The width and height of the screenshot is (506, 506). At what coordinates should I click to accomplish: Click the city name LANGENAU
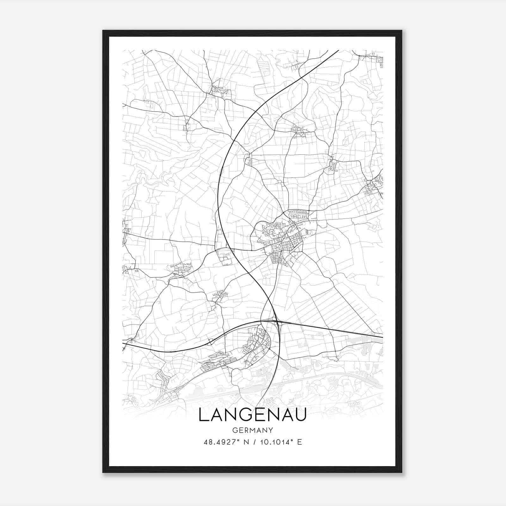point(252,415)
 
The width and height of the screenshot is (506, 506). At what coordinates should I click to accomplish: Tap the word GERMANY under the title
point(252,430)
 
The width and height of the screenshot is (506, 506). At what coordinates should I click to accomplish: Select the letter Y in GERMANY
point(271,430)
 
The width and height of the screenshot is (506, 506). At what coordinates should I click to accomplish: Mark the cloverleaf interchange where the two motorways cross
point(278,322)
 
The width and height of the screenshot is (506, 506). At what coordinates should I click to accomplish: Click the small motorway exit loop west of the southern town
point(210,342)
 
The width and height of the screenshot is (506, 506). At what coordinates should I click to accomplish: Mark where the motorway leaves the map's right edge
point(382,337)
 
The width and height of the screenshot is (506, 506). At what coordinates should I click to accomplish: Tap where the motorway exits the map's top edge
point(337,51)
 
